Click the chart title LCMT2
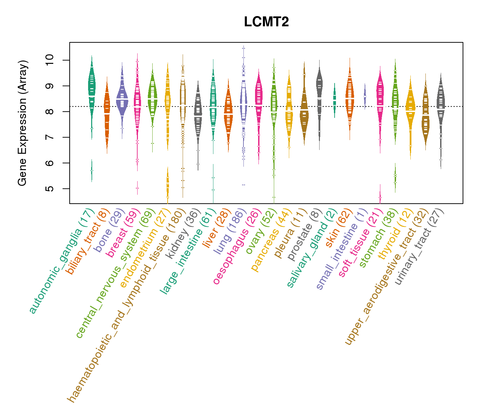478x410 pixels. click(266, 22)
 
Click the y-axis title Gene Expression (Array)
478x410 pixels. click(23, 123)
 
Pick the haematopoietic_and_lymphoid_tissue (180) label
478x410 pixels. click(126, 304)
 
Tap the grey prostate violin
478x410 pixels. click(319, 92)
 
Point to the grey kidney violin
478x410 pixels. click(198, 113)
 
